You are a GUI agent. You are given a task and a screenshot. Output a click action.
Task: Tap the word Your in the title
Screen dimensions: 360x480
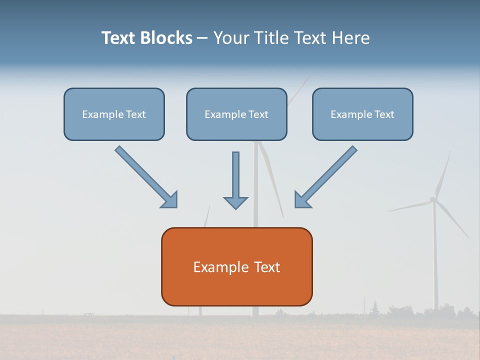click(231, 38)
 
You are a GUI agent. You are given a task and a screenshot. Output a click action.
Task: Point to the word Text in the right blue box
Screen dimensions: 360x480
click(384, 114)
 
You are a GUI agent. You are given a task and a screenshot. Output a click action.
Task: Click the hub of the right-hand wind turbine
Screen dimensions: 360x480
click(433, 200)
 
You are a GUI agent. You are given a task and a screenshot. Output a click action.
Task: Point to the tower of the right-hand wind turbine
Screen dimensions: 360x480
click(435, 260)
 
